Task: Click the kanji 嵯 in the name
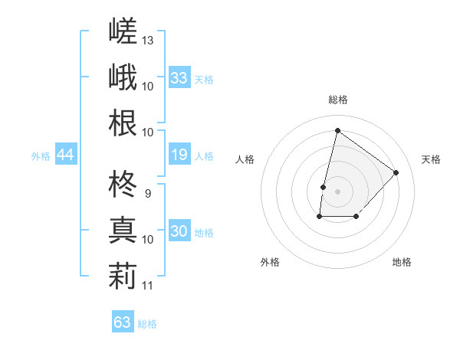click(x=123, y=31)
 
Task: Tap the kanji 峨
click(x=123, y=77)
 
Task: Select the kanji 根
click(x=123, y=123)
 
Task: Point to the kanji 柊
click(x=123, y=184)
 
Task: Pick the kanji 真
click(x=123, y=230)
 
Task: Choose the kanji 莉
click(x=123, y=277)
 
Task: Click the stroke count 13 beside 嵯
click(x=147, y=41)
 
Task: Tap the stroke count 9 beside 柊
click(x=148, y=194)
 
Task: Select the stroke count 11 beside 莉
click(x=147, y=286)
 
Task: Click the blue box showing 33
click(x=179, y=77)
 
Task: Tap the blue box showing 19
click(x=179, y=154)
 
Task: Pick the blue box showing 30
click(x=179, y=230)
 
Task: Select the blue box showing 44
click(x=66, y=154)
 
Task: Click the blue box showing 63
click(x=123, y=321)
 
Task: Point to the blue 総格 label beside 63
click(x=147, y=324)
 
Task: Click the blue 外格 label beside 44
click(x=41, y=156)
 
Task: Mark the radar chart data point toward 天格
click(x=396, y=172)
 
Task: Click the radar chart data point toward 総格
click(x=337, y=130)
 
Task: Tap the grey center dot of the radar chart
click(x=337, y=191)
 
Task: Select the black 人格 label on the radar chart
click(x=245, y=159)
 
